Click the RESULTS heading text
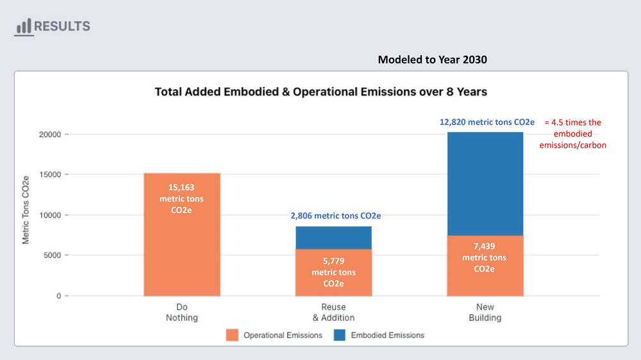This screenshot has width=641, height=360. [62, 26]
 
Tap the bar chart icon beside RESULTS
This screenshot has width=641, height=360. [24, 26]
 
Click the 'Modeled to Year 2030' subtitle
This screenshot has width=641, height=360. [432, 60]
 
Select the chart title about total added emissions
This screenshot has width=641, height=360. [321, 92]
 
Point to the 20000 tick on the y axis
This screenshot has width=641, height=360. [50, 135]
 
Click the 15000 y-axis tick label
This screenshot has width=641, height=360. [50, 174]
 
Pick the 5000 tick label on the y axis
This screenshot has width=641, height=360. [52, 255]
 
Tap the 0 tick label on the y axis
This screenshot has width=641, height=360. [59, 295]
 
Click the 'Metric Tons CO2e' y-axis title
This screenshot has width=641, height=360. [26, 210]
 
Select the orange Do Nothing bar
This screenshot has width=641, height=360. [182, 234]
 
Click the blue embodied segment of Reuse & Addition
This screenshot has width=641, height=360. [333, 238]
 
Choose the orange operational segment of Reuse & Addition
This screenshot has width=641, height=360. [333, 272]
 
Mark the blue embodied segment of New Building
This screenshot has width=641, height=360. [485, 184]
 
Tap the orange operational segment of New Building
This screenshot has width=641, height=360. [485, 266]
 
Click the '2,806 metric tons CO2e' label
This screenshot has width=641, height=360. [336, 216]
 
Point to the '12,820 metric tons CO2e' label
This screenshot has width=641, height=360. [487, 122]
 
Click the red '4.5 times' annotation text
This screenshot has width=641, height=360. [572, 134]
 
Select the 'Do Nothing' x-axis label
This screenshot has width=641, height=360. [182, 312]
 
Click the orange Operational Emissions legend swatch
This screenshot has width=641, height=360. [232, 335]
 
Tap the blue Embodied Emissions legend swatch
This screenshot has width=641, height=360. [339, 335]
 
